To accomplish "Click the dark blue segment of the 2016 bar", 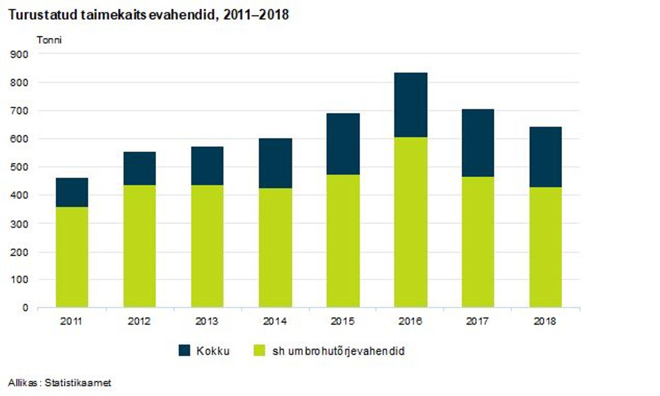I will [410, 105].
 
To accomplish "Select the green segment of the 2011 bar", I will [72, 257].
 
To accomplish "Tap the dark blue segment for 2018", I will [545, 157].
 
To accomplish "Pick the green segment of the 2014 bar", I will [275, 247].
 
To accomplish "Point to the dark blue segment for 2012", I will [140, 168].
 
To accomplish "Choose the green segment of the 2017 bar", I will [478, 242].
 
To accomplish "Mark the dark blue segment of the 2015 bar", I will [343, 144].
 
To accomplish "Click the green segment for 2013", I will [207, 246].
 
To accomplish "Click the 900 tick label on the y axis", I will [19, 54].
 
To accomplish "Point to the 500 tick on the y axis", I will [19, 167].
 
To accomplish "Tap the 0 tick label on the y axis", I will [25, 308].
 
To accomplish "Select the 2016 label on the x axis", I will [410, 321].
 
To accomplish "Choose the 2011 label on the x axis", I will [71, 321].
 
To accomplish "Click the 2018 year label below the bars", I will [544, 321].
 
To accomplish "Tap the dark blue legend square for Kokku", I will [184, 351].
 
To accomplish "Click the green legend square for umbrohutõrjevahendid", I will [260, 351].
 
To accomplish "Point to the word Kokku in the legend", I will [213, 351].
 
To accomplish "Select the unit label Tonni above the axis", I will [49, 40].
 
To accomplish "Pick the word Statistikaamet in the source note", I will [78, 383].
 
